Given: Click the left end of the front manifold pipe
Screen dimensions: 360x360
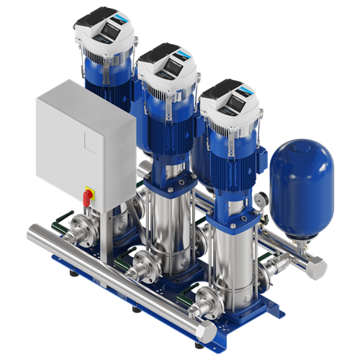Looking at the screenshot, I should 33,235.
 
